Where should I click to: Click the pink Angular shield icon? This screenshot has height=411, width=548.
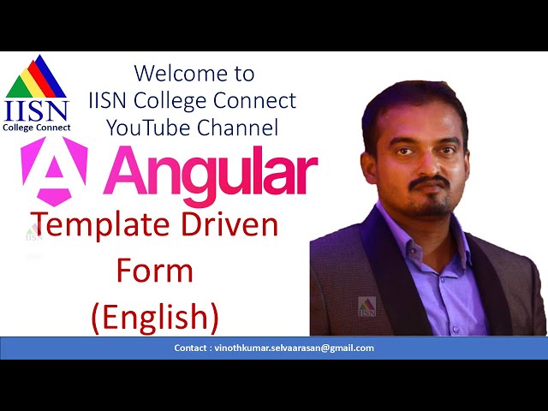54,171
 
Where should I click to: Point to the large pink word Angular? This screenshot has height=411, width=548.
215,172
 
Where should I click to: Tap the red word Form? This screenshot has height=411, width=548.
155,271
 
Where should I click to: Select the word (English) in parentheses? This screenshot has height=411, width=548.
155,317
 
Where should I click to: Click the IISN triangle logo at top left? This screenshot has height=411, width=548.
36,77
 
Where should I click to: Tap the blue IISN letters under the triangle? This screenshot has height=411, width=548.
36,110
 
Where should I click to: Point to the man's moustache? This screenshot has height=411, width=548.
429,182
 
